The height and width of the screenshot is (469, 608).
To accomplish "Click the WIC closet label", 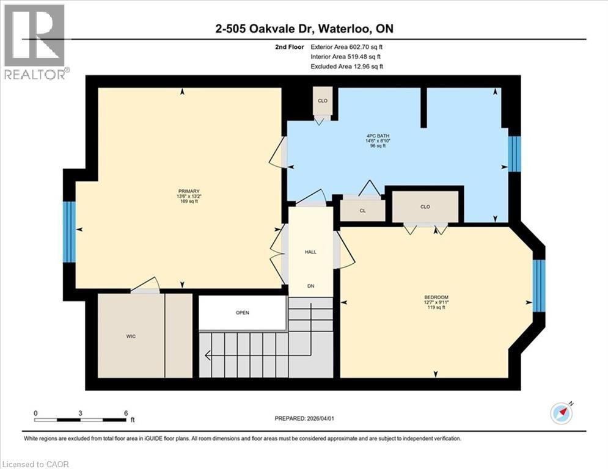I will click(131, 336).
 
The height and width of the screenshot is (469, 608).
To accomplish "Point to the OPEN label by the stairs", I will click(243, 313).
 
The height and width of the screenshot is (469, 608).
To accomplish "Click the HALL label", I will click(310, 252).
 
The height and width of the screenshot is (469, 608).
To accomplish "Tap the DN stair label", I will click(310, 285).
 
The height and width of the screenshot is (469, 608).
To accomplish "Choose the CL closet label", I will click(362, 211).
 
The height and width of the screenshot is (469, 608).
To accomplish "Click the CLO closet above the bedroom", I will click(425, 206).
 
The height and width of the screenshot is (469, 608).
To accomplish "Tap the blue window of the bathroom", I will click(515, 153).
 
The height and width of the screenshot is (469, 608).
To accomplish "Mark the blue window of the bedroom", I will click(538, 285).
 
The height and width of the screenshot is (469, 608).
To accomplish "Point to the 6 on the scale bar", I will click(126, 413).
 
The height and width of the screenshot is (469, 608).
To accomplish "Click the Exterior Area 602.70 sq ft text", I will click(346, 46).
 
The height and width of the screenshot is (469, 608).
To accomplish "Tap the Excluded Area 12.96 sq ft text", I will click(346, 66).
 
